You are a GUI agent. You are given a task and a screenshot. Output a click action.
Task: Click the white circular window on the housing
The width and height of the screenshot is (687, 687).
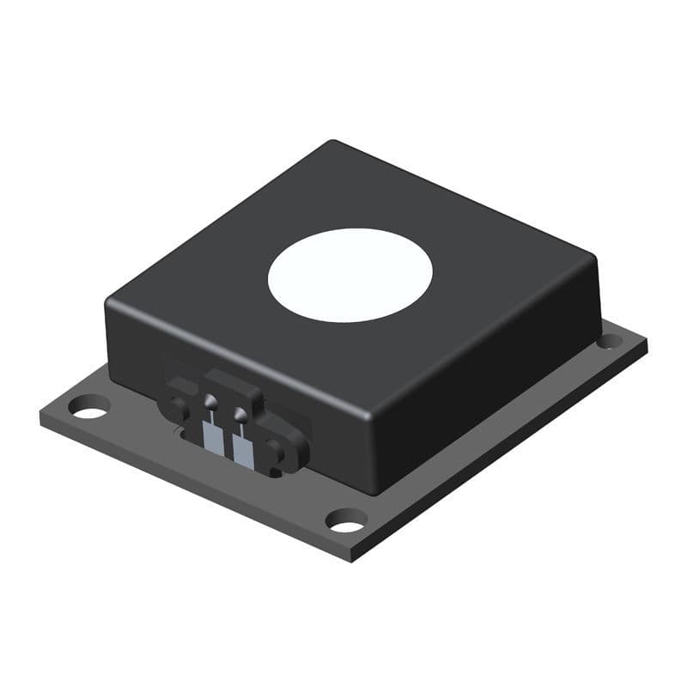[350, 275]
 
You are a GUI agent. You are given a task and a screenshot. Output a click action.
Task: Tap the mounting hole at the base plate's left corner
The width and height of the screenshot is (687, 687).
[88, 406]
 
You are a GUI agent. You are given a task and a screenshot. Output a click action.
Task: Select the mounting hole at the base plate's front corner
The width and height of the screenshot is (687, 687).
[347, 520]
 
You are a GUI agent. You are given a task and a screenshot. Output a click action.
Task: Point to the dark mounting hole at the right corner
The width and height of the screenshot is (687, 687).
[609, 341]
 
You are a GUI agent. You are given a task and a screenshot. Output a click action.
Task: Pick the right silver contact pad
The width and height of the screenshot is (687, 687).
[243, 450]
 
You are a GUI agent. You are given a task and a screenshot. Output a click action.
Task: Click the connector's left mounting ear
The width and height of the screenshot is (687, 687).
[178, 407]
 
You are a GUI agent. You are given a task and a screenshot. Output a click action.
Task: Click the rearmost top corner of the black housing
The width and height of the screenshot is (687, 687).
[333, 143]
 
